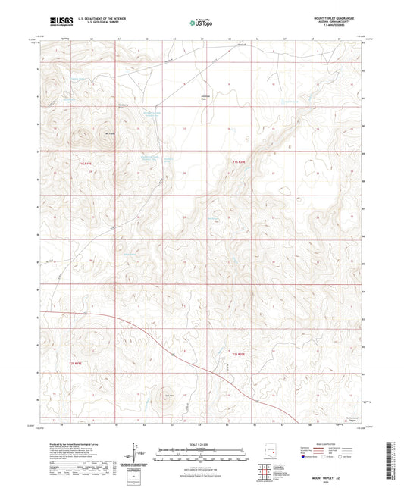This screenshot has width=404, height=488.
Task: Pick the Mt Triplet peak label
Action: click(87, 135)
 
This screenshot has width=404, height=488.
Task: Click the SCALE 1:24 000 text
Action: click(202, 443)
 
